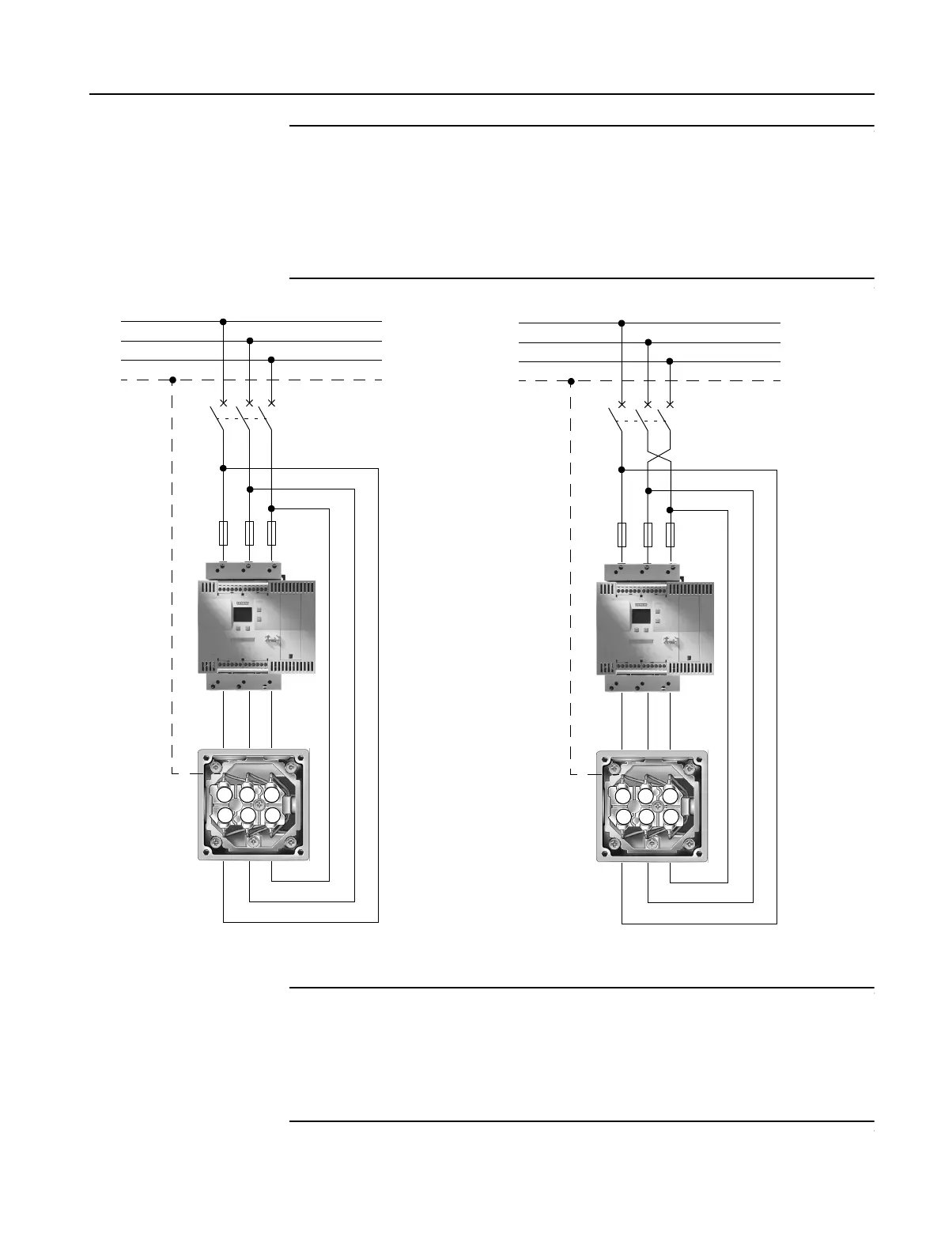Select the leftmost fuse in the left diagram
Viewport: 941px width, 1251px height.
223,533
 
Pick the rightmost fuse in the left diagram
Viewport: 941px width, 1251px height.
271,533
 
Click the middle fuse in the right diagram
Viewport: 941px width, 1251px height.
648,535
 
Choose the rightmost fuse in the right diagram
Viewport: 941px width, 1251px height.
670,535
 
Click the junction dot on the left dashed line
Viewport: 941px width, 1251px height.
172,380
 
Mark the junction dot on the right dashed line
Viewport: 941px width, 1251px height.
570,382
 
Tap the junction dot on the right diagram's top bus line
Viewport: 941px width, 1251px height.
622,323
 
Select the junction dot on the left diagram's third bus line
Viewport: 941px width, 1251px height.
271,360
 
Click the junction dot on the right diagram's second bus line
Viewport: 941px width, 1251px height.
648,342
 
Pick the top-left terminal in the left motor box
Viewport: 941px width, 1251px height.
225,794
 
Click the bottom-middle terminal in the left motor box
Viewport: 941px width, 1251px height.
248,815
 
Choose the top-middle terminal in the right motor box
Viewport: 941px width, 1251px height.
647,796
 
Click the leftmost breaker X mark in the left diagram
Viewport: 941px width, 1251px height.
223,403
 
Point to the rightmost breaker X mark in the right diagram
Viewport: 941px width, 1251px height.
670,405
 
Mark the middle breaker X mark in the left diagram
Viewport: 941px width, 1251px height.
249,403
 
